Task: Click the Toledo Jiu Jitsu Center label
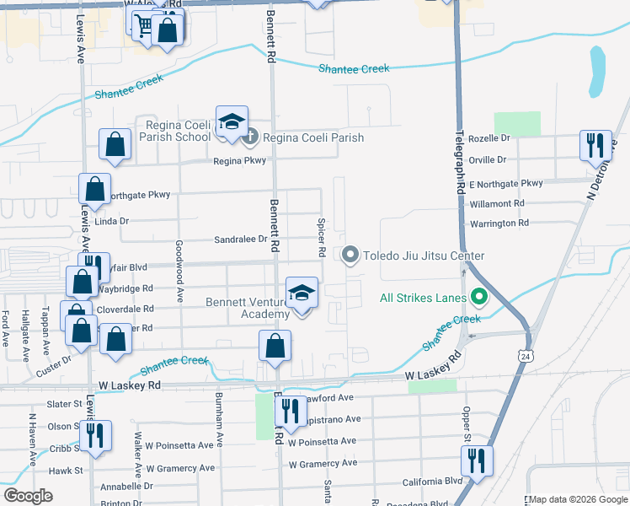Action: [x=424, y=256]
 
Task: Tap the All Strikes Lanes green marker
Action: [x=480, y=297]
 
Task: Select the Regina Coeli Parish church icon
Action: [x=249, y=137]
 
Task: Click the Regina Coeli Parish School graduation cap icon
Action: [x=231, y=122]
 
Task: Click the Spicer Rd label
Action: [x=322, y=239]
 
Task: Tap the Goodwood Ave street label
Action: [x=179, y=271]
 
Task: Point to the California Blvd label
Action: [x=432, y=481]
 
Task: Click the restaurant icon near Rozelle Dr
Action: [x=595, y=145]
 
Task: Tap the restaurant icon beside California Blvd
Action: [x=477, y=462]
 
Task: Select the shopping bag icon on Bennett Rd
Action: [x=275, y=346]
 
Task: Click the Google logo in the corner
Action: [x=28, y=496]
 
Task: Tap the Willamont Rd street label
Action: [x=497, y=203]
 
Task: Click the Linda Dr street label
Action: [x=111, y=222]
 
